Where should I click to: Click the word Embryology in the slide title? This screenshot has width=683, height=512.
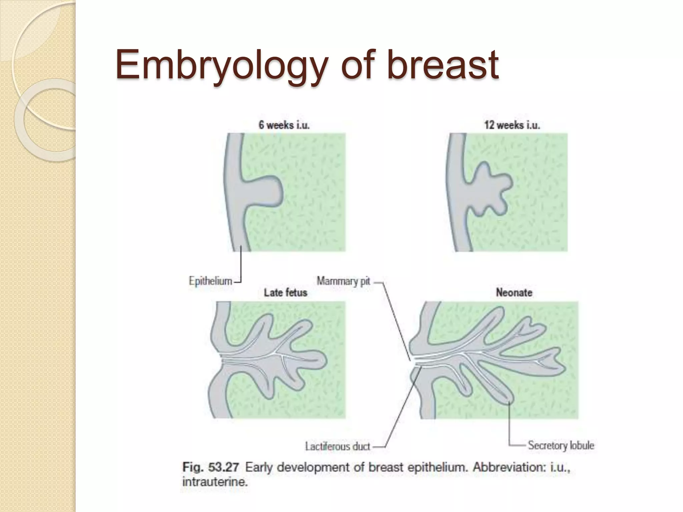220,65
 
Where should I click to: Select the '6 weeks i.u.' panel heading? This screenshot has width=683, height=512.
284,125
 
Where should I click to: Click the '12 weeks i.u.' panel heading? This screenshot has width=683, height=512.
512,125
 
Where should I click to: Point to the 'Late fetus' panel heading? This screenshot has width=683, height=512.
285,293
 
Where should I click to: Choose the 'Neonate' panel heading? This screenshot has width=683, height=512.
514,293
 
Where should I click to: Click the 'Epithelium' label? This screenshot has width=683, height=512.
210,281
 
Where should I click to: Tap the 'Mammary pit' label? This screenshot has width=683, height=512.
343,281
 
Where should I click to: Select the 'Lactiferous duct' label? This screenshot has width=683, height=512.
337,446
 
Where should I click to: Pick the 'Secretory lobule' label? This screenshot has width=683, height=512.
561,445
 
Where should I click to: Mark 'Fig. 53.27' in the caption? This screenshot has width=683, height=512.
211,467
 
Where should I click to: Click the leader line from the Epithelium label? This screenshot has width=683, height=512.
241,267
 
